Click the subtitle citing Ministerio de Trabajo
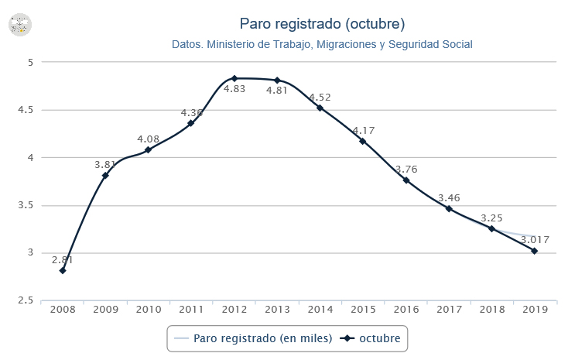point(322,45)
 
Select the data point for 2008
point(63,270)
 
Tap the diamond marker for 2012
point(234,78)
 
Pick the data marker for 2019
point(534,251)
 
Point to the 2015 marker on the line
point(362,141)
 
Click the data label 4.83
point(234,89)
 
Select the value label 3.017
point(533,240)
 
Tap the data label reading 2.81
point(63,259)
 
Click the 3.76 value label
point(406,170)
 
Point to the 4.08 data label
point(149,139)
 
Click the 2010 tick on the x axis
point(149,309)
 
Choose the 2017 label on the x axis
point(449,309)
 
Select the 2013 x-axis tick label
point(277,309)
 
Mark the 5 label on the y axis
point(29,62)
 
